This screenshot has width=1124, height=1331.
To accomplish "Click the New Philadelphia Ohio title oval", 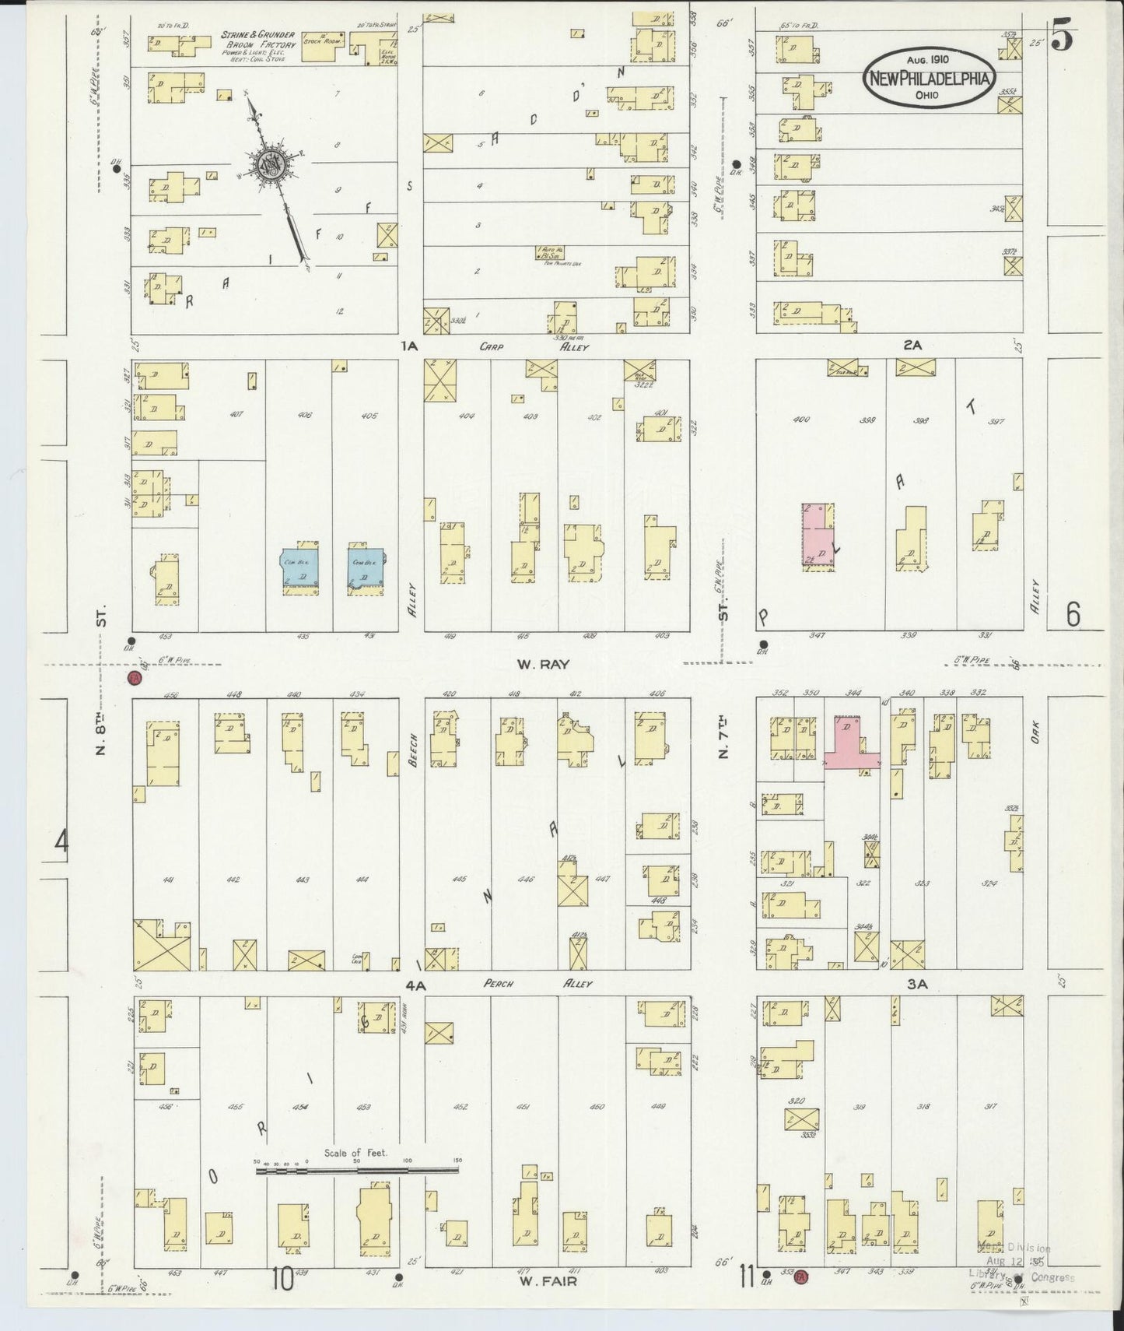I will click(x=930, y=78).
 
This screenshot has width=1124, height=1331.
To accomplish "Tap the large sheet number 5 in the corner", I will click(x=1063, y=37).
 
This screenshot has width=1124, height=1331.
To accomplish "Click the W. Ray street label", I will click(x=543, y=664).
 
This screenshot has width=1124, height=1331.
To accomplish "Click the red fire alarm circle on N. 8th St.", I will click(x=135, y=677).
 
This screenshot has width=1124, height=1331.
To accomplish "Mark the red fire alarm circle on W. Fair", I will click(x=802, y=1277).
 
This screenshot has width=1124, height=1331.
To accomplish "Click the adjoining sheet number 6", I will click(x=1073, y=615).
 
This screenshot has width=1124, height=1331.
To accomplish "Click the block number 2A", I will click(x=912, y=346).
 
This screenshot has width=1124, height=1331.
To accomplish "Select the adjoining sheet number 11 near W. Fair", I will click(x=748, y=1277).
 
